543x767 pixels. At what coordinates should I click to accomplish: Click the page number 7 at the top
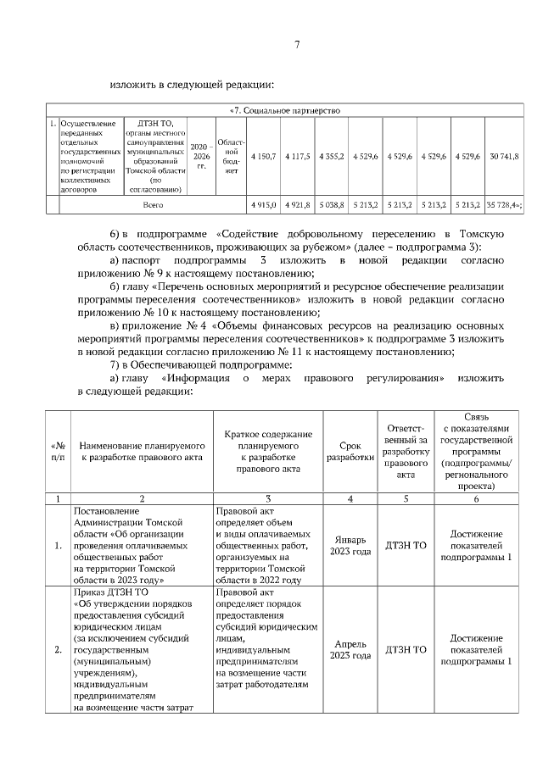297,45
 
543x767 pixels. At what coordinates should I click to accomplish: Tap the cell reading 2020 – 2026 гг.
200,157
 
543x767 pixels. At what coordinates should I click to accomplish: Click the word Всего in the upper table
153,205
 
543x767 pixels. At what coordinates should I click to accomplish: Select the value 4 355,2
331,157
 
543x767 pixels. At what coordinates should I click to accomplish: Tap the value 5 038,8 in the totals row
331,205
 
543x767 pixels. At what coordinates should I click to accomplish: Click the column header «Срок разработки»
350,450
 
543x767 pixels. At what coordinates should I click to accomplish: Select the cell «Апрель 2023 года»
350,650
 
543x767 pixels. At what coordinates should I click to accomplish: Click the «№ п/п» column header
58,450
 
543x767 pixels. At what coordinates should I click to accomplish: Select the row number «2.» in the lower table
58,650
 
